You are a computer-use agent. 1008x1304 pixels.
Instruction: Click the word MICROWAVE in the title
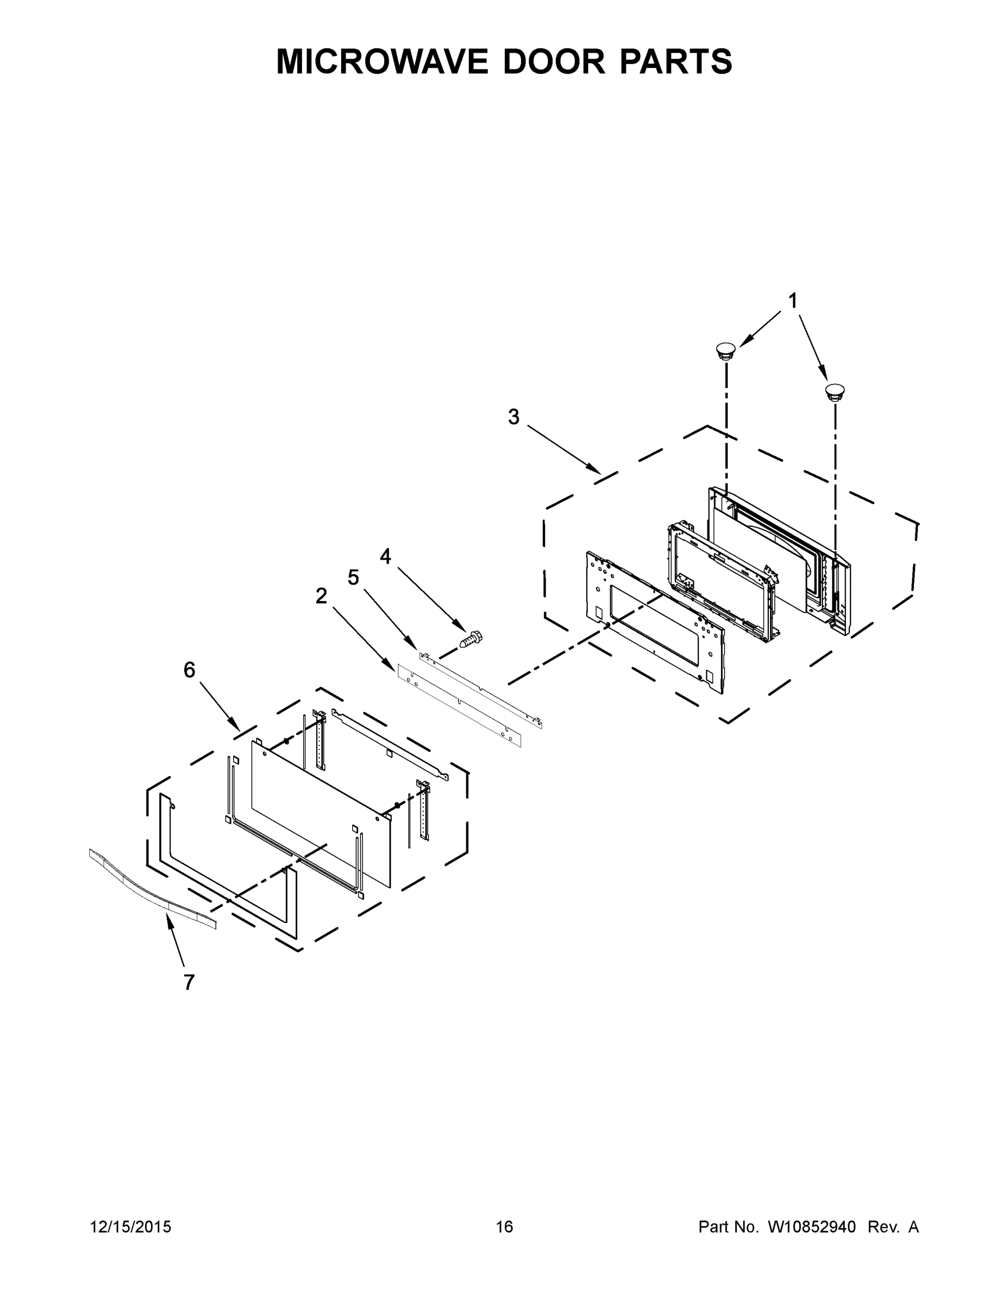pos(383,61)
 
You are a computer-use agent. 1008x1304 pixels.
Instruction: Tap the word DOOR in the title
pos(554,61)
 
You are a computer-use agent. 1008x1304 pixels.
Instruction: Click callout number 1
pos(792,301)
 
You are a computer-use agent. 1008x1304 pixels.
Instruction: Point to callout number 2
pos(321,595)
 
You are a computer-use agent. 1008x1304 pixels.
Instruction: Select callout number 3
pos(514,417)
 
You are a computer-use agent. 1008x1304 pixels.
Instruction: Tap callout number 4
pos(386,556)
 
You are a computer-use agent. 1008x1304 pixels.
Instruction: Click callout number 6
pos(189,670)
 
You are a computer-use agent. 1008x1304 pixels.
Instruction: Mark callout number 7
pos(189,982)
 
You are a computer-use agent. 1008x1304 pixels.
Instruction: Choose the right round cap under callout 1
pos(835,392)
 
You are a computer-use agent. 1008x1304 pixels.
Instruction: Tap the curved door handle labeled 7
pos(152,888)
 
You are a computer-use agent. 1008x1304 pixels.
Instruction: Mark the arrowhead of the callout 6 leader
pos(237,728)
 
